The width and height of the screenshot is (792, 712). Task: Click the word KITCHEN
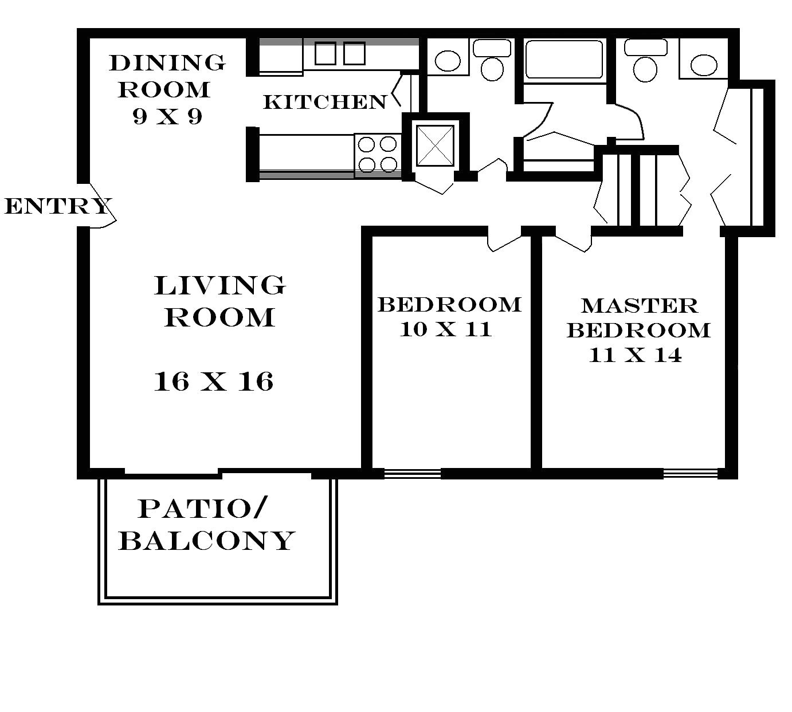(325, 102)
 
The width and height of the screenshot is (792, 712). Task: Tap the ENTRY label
(58, 206)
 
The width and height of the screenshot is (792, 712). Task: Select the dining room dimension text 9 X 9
(167, 116)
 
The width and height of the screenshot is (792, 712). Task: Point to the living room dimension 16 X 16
(213, 381)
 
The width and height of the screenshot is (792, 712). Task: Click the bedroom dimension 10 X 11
(446, 329)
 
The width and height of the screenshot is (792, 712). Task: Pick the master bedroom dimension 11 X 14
(635, 355)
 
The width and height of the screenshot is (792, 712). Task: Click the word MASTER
(639, 306)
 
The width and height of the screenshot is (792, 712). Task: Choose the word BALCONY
(207, 540)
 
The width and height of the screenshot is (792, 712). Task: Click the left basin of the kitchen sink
(326, 54)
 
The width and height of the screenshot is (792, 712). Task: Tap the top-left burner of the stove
(366, 144)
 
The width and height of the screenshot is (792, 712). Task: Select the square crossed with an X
(435, 145)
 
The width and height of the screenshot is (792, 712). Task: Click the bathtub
(564, 59)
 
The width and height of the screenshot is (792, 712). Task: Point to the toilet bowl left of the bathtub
(492, 69)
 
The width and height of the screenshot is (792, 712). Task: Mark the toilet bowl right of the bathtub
(645, 69)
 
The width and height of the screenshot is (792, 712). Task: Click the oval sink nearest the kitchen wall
(448, 61)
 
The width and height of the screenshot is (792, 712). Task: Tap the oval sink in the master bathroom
(704, 65)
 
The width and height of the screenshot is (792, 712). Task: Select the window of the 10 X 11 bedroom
(412, 474)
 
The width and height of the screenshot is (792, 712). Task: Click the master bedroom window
(690, 474)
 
